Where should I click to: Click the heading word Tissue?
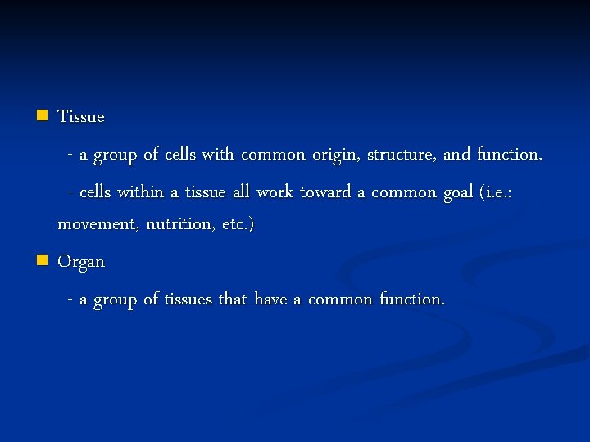click(x=81, y=116)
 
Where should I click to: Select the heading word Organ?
click(x=81, y=263)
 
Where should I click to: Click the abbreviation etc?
click(x=237, y=224)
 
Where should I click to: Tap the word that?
click(x=233, y=300)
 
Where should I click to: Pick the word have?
click(x=270, y=300)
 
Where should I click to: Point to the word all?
click(x=240, y=192)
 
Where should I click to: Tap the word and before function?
click(x=456, y=155)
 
